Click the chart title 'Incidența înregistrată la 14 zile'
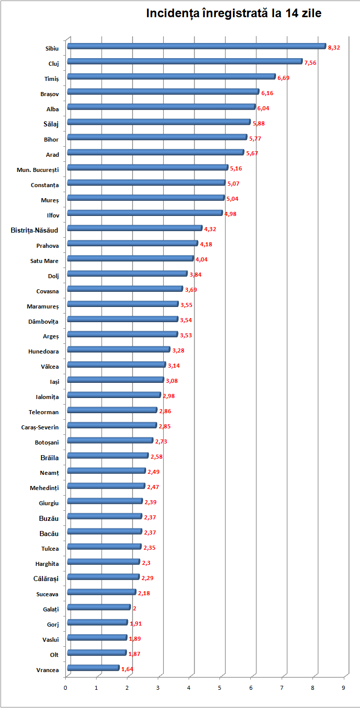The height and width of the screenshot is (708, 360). point(234,14)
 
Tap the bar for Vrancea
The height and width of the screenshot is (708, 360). point(93,668)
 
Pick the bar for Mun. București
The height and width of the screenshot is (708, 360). point(147,167)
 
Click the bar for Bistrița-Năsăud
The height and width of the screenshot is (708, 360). point(134,228)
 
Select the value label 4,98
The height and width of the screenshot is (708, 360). point(231,214)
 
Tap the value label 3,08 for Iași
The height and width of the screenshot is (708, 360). point(172,381)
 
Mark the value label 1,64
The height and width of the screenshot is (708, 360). point(127,669)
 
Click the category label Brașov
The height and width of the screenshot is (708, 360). point(50,94)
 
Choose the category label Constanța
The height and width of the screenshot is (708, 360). point(44,185)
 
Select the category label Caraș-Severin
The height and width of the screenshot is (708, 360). point(40,427)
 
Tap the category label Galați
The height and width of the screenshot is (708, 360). point(50,609)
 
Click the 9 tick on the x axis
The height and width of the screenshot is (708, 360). point(344,688)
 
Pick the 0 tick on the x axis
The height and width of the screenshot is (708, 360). point(66,688)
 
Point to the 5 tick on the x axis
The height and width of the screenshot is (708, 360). point(220,688)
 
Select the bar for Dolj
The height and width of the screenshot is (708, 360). point(127,274)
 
